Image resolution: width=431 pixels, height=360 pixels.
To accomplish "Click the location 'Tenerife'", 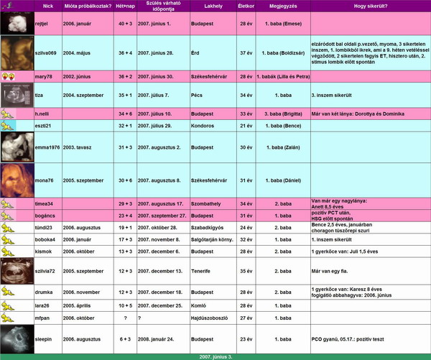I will coord(201,271).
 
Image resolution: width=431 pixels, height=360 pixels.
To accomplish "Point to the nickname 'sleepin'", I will coord(46,338).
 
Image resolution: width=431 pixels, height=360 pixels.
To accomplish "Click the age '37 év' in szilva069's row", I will coord(244,53).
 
